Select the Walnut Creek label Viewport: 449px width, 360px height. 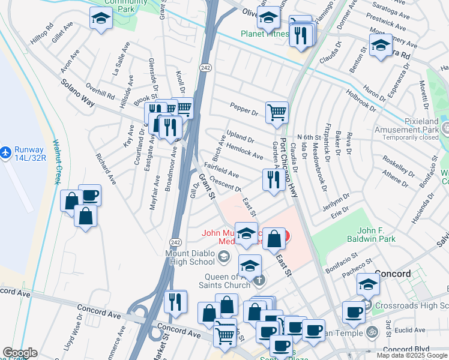coord(58,162)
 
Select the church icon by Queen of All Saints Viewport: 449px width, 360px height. coord(259,280)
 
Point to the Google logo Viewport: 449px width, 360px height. coord(20,352)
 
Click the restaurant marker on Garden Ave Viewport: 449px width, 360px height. coord(273,179)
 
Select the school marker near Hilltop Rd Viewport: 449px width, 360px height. coord(101,19)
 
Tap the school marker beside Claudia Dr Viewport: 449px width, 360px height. coord(381,46)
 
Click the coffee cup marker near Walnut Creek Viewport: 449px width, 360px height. coord(89,195)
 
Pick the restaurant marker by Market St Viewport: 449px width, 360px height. coord(175,301)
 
